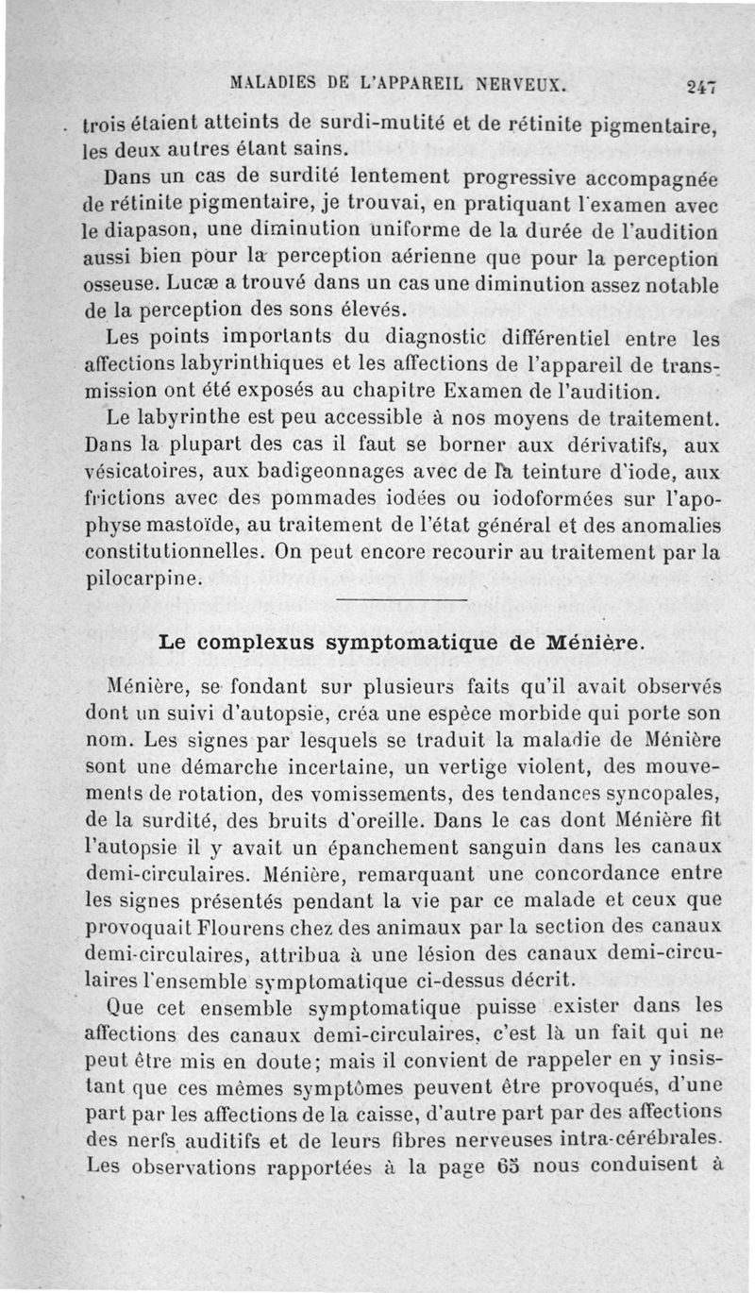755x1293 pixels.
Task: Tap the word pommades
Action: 327,496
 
